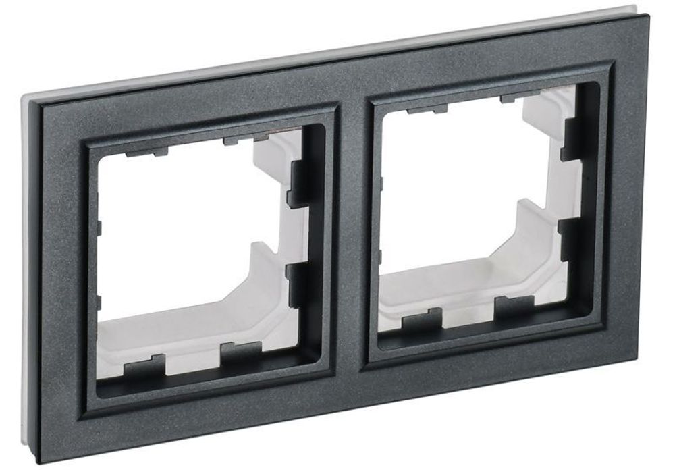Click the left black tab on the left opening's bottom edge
[147, 365]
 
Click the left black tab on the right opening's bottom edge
[422, 319]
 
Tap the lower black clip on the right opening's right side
[571, 240]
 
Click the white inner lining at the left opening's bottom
[182, 331]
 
